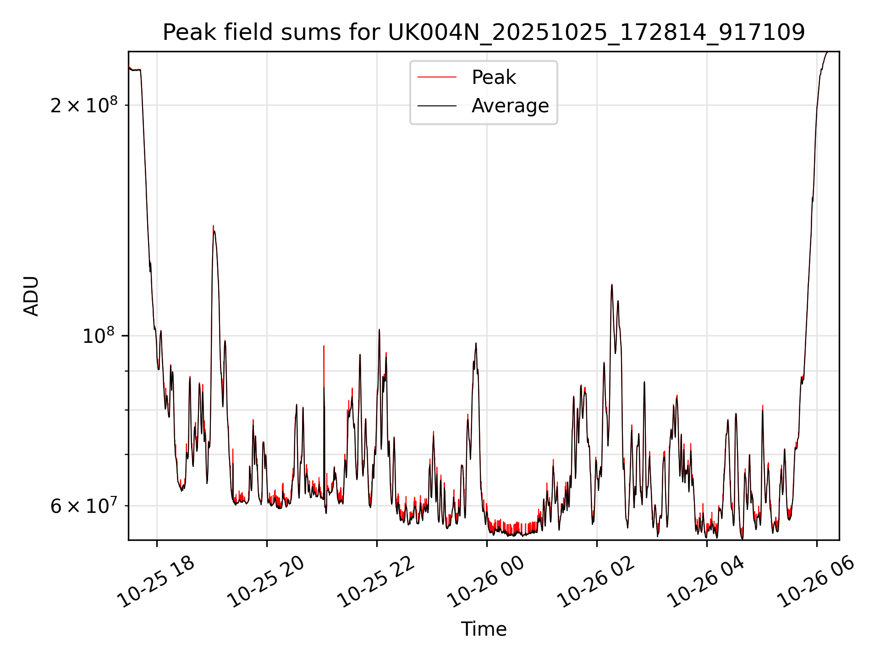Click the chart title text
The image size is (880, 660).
[x=484, y=32]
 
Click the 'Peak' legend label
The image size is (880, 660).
[x=494, y=77]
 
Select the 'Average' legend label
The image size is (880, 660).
[x=510, y=106]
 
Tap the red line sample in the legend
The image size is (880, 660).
[x=437, y=77]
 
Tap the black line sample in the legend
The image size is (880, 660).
[x=437, y=106]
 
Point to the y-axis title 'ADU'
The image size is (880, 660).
[x=32, y=296]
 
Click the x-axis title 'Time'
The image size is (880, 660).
[x=484, y=629]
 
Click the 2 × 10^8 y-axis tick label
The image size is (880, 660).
[x=84, y=105]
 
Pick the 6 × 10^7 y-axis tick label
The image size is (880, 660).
[x=84, y=506]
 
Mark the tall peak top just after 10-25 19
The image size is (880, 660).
[x=213, y=226]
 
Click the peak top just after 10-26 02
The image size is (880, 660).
[x=611, y=285]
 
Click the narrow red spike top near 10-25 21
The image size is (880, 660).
[x=324, y=346]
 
